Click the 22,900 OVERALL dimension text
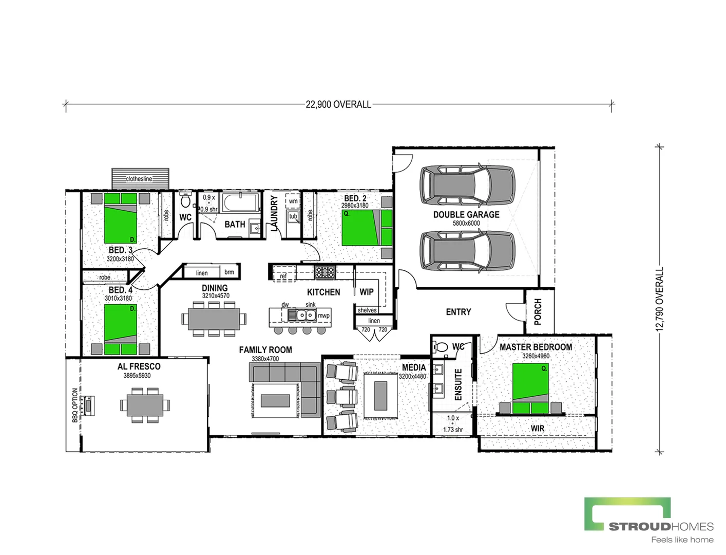pyautogui.click(x=338, y=104)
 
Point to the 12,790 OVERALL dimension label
pyautogui.click(x=660, y=299)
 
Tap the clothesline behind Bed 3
pyautogui.click(x=140, y=178)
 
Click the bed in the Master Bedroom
pyautogui.click(x=531, y=389)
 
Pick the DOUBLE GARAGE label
pyautogui.click(x=466, y=215)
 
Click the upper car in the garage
pyautogui.click(x=467, y=184)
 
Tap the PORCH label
pyautogui.click(x=538, y=311)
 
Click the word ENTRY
pyautogui.click(x=458, y=312)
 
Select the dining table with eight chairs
pyautogui.click(x=214, y=319)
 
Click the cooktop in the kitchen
pyautogui.click(x=324, y=272)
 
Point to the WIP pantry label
pyautogui.click(x=366, y=292)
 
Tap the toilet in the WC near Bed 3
pyautogui.click(x=185, y=200)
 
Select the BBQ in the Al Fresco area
pyautogui.click(x=89, y=405)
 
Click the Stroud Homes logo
pyautogui.click(x=649, y=520)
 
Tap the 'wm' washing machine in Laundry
pyautogui.click(x=293, y=201)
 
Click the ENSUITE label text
pyautogui.click(x=458, y=384)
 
